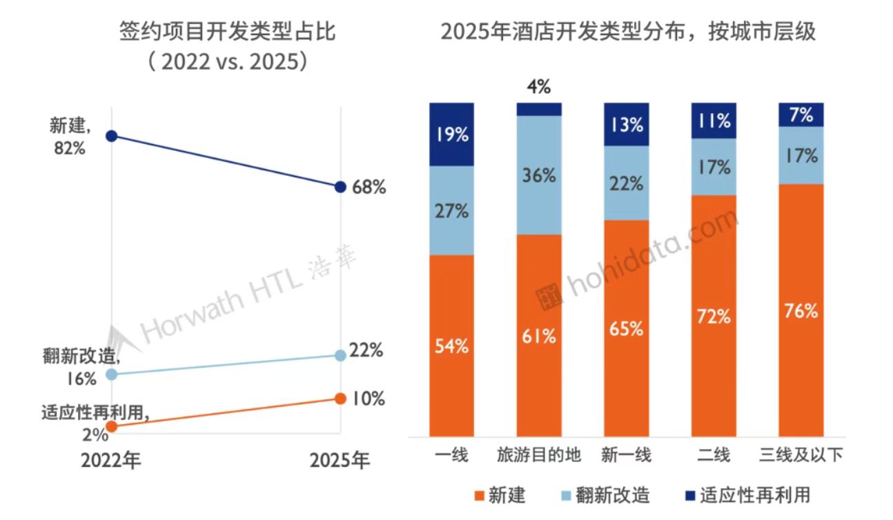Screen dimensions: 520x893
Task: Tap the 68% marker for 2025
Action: coord(340,187)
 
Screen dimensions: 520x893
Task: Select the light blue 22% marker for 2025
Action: coord(340,355)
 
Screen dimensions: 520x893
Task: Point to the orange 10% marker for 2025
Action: coord(340,399)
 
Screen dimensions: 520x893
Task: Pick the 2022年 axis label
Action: coord(111,460)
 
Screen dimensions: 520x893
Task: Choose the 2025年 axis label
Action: coord(340,460)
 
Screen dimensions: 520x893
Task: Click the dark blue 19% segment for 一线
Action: coord(451,134)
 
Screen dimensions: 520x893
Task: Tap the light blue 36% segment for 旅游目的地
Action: coord(539,175)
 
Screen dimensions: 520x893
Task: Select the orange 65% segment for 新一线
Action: coord(627,328)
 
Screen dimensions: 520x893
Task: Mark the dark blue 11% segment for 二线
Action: coord(714,121)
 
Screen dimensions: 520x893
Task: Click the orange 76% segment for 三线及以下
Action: coord(801,310)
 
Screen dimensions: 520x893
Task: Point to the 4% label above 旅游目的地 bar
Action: coord(539,88)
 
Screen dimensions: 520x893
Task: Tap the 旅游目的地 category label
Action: coord(539,456)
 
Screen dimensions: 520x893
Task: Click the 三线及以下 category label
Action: coord(801,456)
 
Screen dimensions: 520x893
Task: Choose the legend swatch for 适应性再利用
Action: coord(687,495)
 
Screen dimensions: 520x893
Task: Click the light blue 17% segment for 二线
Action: coord(714,167)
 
